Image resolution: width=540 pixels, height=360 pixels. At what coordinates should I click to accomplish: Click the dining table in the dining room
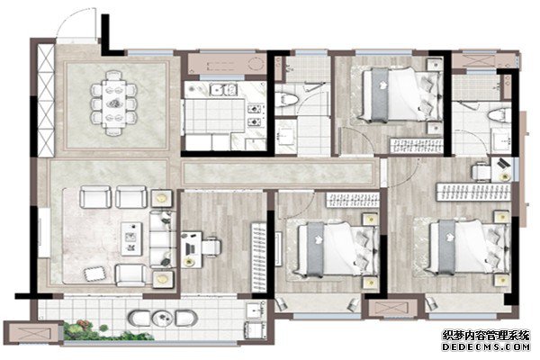pyautogui.click(x=114, y=103)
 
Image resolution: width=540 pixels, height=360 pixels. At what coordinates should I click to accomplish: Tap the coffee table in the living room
pyautogui.click(x=131, y=238)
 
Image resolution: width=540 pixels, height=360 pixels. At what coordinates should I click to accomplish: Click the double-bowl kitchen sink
pyautogui.click(x=224, y=90)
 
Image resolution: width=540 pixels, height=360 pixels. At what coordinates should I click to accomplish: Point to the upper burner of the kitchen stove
pyautogui.click(x=255, y=110)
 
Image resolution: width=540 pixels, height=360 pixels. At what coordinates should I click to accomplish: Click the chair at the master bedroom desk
pyautogui.click(x=481, y=171)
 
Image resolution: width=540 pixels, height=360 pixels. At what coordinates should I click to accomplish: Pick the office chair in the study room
pyautogui.click(x=211, y=247)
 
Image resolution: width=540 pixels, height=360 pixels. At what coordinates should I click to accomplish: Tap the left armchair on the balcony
pyautogui.click(x=139, y=319)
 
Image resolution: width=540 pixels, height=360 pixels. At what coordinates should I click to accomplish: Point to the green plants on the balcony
pyautogui.click(x=107, y=331)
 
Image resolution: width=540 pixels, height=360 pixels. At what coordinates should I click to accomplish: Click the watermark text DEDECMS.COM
pyautogui.click(x=486, y=346)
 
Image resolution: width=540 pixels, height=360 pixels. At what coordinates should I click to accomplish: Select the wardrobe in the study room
pyautogui.click(x=258, y=257)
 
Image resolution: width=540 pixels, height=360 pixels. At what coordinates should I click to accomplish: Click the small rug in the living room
pyautogui.click(x=95, y=274)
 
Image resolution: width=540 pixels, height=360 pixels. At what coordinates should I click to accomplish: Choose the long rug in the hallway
pyautogui.click(x=278, y=173)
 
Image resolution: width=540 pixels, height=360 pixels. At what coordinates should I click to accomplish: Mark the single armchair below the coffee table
pyautogui.click(x=130, y=274)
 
